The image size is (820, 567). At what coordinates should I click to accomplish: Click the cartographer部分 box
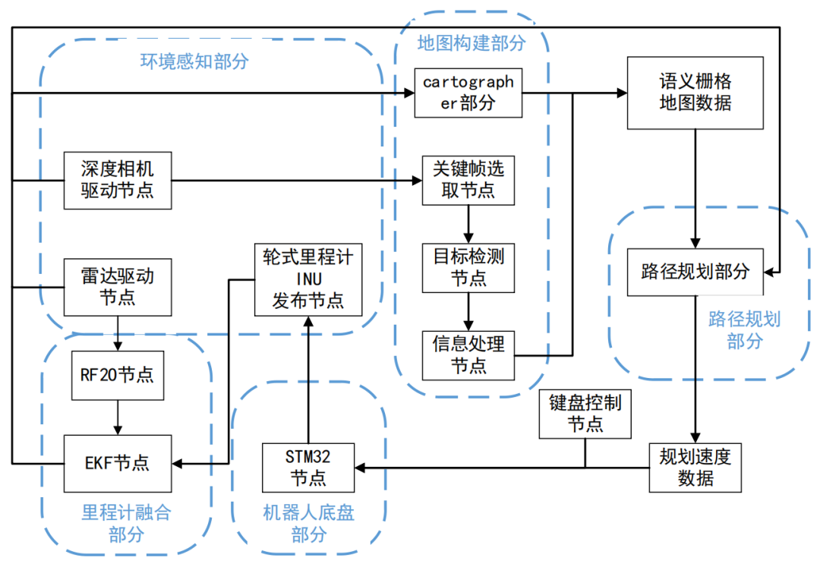(468, 93)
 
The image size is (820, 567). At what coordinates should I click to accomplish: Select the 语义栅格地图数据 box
(695, 92)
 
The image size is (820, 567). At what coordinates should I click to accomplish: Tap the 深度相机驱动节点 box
(117, 180)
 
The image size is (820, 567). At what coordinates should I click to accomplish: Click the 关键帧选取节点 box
(468, 180)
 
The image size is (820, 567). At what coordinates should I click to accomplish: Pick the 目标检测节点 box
(468, 267)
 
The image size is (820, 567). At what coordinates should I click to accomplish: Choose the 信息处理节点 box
(468, 354)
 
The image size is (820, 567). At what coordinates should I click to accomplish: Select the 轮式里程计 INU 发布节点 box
(308, 279)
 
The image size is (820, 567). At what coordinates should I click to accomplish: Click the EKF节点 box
(117, 461)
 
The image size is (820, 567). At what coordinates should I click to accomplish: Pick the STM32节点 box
(307, 467)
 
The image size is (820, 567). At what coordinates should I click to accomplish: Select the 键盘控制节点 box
(585, 414)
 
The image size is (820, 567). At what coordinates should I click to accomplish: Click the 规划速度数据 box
(695, 467)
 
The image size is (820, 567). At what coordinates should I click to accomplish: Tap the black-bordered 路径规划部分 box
(695, 271)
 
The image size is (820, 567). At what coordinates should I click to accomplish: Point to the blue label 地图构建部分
(471, 43)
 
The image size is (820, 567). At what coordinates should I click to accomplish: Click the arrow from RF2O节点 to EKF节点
(117, 417)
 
